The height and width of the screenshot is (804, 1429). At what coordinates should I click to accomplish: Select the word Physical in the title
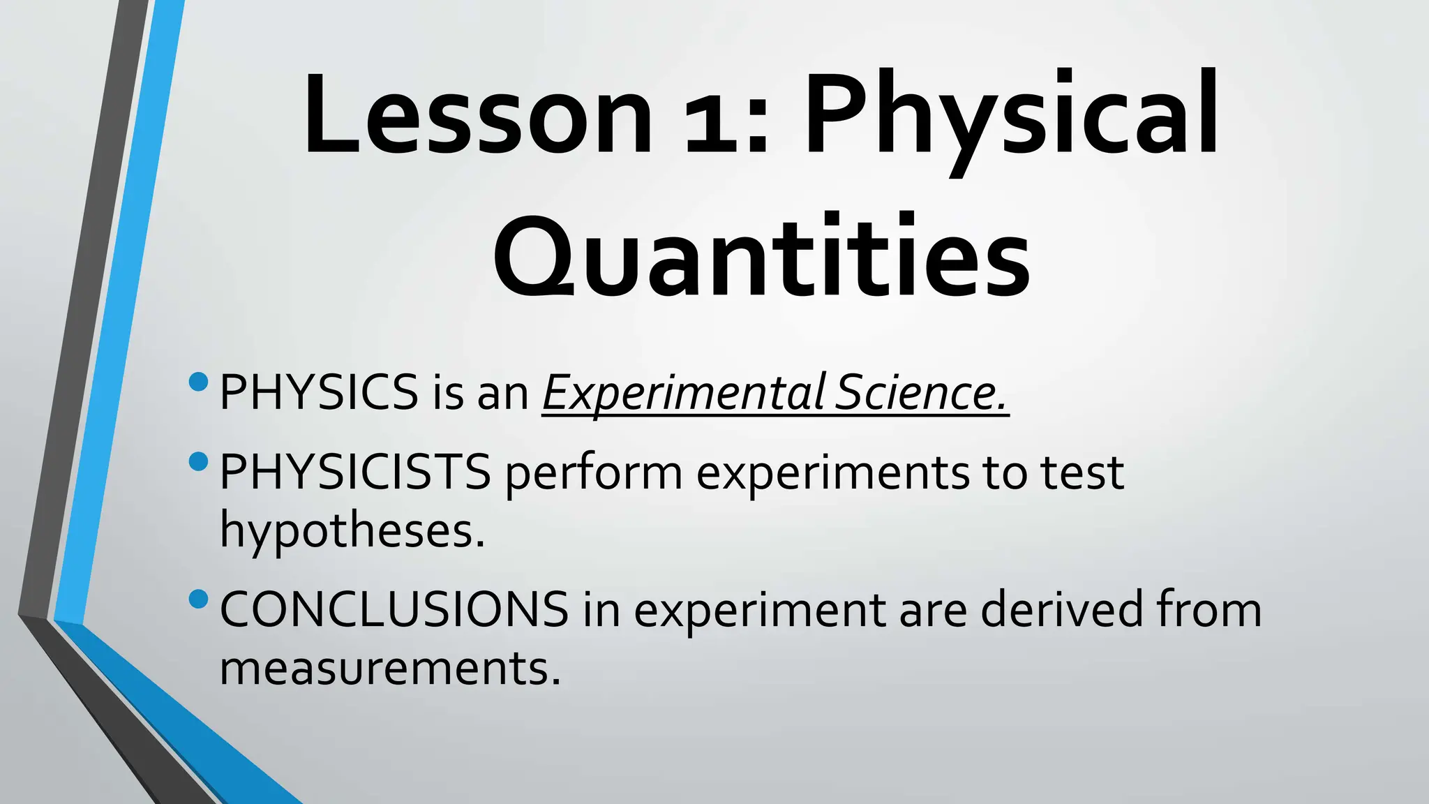[x=1012, y=119]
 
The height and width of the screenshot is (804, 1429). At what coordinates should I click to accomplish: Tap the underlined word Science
[x=922, y=392]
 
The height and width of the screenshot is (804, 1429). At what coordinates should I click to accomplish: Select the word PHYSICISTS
[x=355, y=472]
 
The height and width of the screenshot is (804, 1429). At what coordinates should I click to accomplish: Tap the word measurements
[x=390, y=669]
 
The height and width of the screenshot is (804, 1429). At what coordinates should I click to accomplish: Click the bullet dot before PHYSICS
[x=198, y=382]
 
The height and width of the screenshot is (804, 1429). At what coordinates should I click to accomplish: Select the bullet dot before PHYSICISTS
[x=198, y=461]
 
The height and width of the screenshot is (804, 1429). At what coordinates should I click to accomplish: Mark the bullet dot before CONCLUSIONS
[x=198, y=599]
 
